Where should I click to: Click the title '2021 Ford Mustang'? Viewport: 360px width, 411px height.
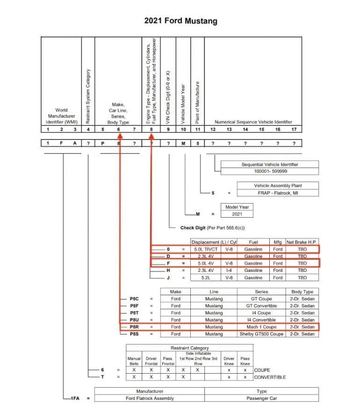pyautogui.click(x=180, y=21)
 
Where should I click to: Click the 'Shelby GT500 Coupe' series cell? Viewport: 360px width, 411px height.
pyautogui.click(x=261, y=334)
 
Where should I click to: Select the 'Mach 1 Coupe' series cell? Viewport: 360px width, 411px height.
pyautogui.click(x=261, y=327)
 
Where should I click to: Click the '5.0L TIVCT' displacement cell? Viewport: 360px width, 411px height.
pyautogui.click(x=206, y=249)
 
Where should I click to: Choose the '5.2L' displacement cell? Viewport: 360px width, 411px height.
pyautogui.click(x=206, y=277)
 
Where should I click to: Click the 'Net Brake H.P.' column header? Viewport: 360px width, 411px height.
pyautogui.click(x=302, y=242)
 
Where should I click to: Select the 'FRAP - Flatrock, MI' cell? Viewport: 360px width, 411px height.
pyautogui.click(x=279, y=192)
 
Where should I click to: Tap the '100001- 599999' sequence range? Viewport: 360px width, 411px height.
pyautogui.click(x=271, y=171)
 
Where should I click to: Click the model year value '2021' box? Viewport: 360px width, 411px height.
pyautogui.click(x=238, y=214)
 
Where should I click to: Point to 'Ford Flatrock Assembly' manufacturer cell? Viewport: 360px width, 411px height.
pyautogui.click(x=150, y=398)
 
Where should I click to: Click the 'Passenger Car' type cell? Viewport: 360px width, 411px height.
pyautogui.click(x=261, y=398)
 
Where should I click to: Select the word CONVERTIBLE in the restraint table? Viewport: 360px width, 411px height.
pyautogui.click(x=270, y=377)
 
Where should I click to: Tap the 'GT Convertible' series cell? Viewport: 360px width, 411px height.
pyautogui.click(x=261, y=306)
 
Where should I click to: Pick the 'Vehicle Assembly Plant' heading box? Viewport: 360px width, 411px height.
pyautogui.click(x=279, y=185)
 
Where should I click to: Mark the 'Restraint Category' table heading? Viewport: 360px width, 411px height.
pyautogui.click(x=189, y=348)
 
